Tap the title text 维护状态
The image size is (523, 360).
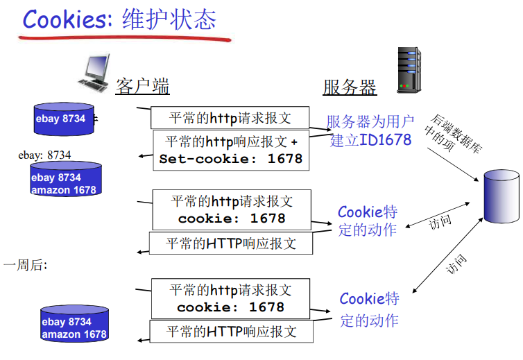tap(169, 19)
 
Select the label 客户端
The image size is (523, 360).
tap(143, 87)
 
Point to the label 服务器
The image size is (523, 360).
tap(350, 87)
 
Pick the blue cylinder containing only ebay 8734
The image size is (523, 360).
tap(64, 119)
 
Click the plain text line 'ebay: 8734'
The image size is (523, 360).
tap(44, 155)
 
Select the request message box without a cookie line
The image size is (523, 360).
tap(230, 117)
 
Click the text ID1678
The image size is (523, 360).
tap(386, 140)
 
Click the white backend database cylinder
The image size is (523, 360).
tap(501, 198)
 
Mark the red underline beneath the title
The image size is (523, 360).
tap(125, 37)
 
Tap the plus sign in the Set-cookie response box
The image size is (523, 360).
tap(294, 142)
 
